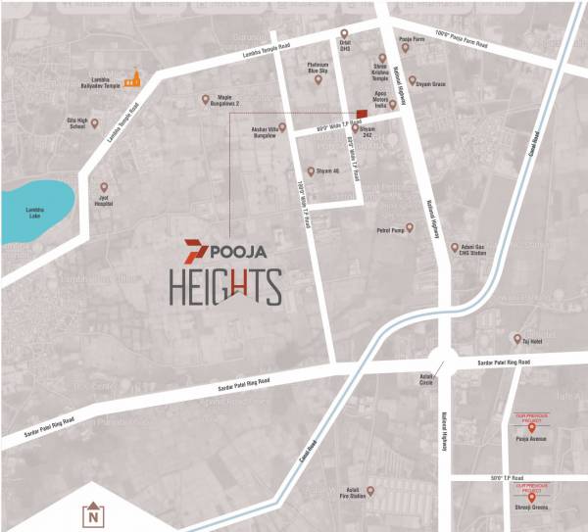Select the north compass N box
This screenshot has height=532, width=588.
coord(92,514)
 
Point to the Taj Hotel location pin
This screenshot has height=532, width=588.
coord(516,339)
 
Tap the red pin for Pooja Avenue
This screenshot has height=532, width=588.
coord(531,427)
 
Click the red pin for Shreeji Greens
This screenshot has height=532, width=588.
coord(531,497)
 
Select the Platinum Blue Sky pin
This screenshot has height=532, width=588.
coord(318,80)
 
